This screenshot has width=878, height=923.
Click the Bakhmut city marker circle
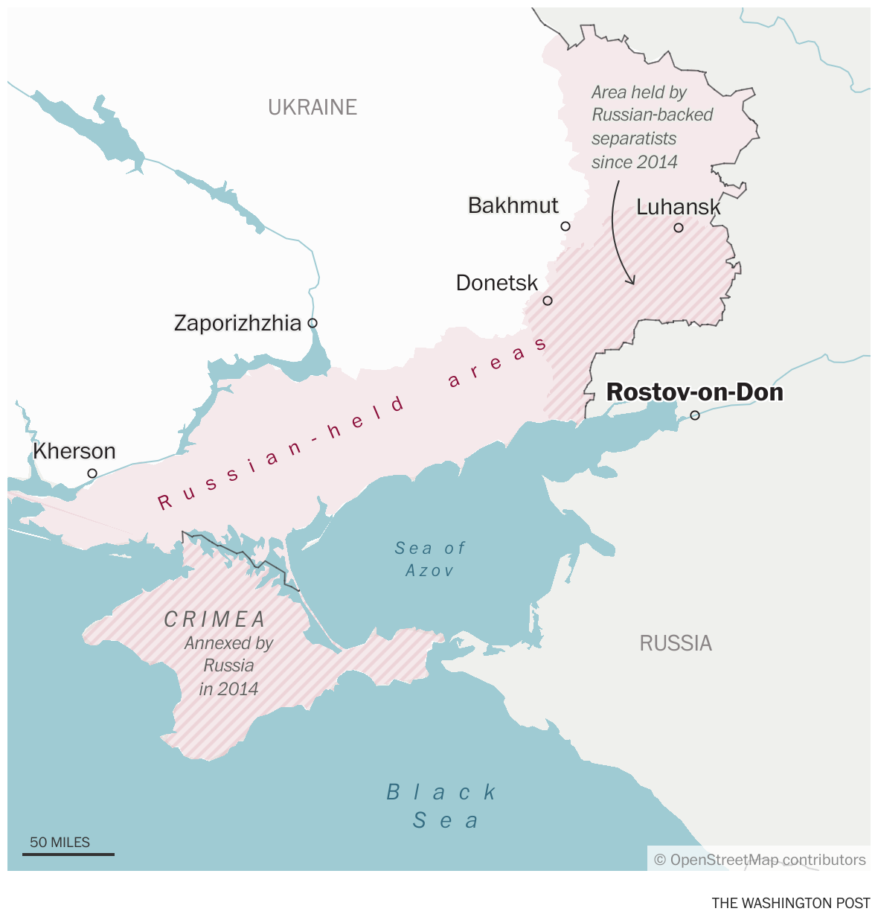(565, 226)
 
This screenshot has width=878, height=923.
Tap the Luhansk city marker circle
(679, 228)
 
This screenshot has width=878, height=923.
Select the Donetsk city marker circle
(548, 301)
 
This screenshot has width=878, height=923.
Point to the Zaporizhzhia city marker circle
(313, 323)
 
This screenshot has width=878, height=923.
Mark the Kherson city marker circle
(92, 473)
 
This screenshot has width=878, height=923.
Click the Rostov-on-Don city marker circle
(695, 415)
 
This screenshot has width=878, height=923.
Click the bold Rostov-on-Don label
(695, 392)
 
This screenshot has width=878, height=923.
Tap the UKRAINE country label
(313, 107)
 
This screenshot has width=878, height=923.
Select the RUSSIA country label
(676, 643)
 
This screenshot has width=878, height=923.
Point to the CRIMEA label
(215, 619)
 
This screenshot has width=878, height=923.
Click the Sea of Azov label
(430, 559)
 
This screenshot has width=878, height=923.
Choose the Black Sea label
(443, 806)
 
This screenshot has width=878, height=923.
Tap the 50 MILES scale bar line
(68, 854)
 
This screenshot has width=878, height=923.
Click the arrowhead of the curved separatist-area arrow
(632, 281)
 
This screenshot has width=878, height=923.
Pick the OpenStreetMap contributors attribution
(760, 860)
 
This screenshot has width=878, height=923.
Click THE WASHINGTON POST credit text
(790, 903)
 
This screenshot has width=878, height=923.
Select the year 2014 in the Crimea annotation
(240, 689)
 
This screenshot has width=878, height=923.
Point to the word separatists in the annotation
(634, 138)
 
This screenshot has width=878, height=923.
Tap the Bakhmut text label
(513, 205)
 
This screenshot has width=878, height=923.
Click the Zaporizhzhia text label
(237, 323)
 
